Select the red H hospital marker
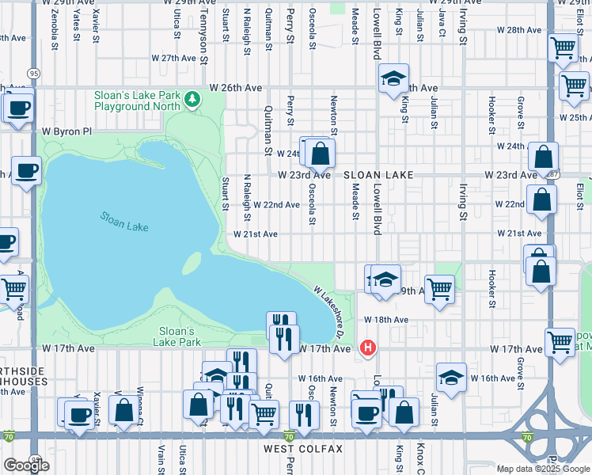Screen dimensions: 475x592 tap(367, 347)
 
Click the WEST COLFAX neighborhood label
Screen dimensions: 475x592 tap(304, 449)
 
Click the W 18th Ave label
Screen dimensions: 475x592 tap(385, 319)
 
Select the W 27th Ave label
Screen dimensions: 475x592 tap(171, 58)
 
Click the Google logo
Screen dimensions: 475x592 tap(26, 465)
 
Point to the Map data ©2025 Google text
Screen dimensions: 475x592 tap(542, 469)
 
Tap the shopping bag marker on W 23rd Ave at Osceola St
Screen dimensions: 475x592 tap(321, 153)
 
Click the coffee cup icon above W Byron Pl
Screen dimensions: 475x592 tap(19, 108)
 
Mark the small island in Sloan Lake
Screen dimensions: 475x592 tap(193, 262)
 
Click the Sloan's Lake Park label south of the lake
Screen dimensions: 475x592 tap(176, 336)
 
